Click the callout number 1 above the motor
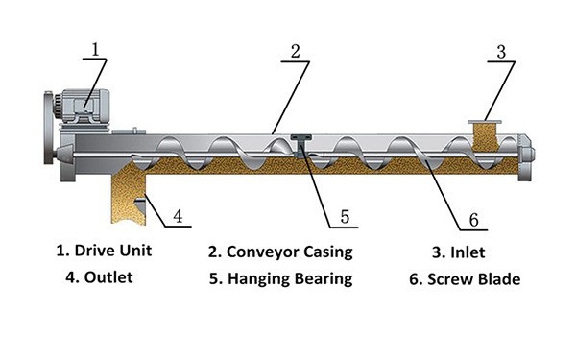(x=95, y=50)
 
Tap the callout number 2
(x=296, y=52)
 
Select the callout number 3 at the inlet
(x=501, y=52)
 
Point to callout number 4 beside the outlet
(x=178, y=216)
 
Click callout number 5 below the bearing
(x=345, y=217)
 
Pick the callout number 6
(x=474, y=220)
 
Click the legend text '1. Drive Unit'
(x=104, y=251)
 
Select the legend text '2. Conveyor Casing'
(x=280, y=252)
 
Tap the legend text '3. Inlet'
(x=459, y=252)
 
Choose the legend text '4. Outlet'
(x=99, y=277)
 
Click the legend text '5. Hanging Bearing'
(x=281, y=279)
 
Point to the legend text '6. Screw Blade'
(x=465, y=279)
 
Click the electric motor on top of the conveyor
(x=83, y=107)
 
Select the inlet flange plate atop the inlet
(x=485, y=122)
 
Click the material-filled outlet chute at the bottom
(x=129, y=195)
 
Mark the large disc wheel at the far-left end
(x=48, y=129)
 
